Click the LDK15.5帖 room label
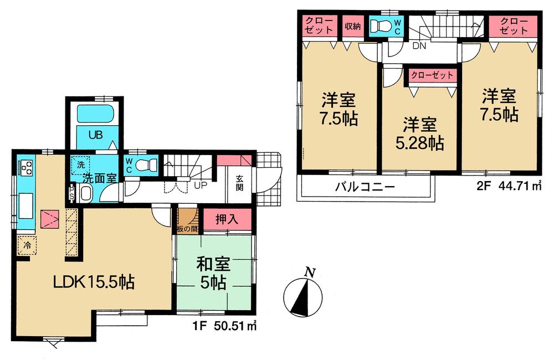point(93,282)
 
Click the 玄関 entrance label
point(240,182)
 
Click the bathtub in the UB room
point(96,115)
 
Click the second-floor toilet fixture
point(382,25)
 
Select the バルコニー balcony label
point(365,187)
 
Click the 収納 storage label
point(353,25)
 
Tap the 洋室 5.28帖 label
point(418,133)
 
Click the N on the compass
point(311,271)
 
